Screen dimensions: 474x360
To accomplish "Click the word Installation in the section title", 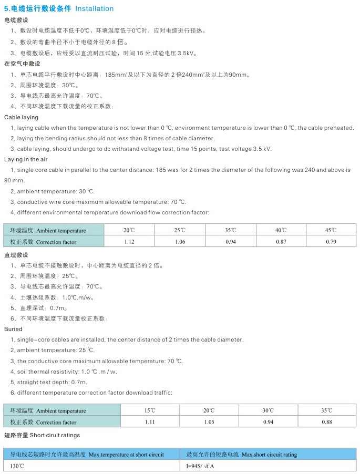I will (95, 8).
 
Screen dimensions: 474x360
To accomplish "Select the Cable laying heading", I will (21, 117).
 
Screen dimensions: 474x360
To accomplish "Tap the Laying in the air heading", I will (26, 159).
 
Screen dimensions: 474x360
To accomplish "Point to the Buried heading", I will (13, 329).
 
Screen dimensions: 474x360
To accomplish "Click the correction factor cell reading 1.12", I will (129, 242).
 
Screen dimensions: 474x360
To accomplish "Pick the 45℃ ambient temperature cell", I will (331, 230).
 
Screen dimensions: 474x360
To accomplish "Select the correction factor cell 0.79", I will (331, 242).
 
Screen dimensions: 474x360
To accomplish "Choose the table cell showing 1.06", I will (180, 242).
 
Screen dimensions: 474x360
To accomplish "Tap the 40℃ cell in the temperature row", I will (281, 230).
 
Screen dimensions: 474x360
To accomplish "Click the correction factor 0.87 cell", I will (281, 242).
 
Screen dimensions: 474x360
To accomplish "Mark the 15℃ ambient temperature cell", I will (150, 410).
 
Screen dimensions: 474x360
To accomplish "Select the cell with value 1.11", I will (150, 422).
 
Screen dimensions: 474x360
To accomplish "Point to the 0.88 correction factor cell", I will (326, 422).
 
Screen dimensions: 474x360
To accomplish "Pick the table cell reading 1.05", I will (209, 422).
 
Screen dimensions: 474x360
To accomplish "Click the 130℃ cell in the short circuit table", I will (17, 466).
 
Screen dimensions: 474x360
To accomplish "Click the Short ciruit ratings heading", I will (42, 435).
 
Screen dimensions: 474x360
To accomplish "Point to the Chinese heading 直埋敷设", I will (16, 255).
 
